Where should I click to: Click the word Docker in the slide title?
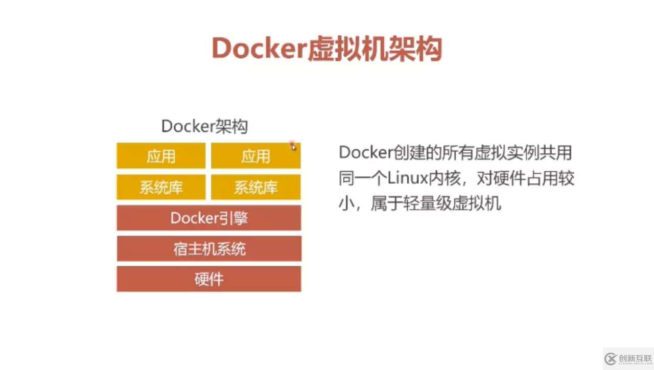coord(259,48)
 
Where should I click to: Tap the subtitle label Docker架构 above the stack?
coord(205,126)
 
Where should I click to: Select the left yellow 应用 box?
coord(161,156)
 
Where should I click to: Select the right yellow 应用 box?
coord(256,156)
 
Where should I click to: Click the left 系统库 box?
coord(161,187)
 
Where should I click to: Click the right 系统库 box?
coord(256,187)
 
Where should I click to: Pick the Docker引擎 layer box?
coord(209,218)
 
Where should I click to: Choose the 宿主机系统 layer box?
coord(209,248)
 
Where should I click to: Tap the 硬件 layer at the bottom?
coord(209,279)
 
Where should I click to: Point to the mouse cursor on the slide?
coord(293,146)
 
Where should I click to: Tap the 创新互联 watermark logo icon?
coord(610,359)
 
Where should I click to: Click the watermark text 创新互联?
coord(635,358)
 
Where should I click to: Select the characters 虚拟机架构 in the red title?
coord(375,49)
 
